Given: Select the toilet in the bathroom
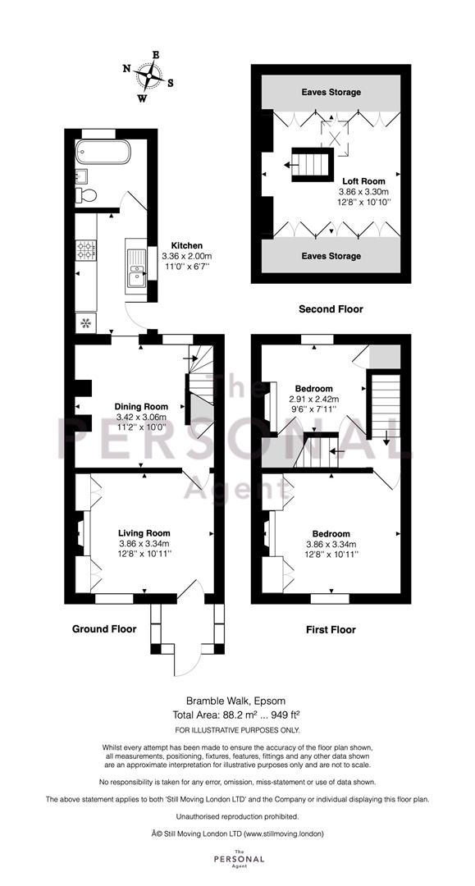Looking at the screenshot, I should click(86, 194).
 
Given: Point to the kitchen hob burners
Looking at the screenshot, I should click(86, 250).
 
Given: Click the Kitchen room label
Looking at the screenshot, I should click(186, 245).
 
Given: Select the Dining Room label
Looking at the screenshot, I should click(142, 406).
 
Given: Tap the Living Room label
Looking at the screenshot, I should click(144, 532).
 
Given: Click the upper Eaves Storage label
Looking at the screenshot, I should click(331, 93).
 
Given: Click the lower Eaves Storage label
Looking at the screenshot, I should click(331, 256).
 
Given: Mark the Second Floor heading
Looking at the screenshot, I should click(331, 309).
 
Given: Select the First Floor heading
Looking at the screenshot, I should click(331, 630).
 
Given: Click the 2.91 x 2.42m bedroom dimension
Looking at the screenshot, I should click(314, 400).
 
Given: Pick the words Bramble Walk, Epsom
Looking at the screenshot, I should click(237, 700).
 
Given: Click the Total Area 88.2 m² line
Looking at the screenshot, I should click(237, 714).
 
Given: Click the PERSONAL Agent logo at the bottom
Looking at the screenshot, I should click(237, 859).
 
